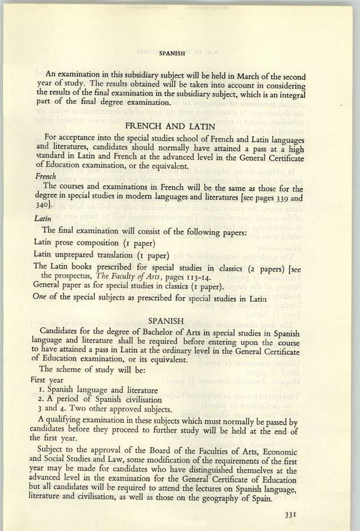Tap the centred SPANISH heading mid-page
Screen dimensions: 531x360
[163, 321]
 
